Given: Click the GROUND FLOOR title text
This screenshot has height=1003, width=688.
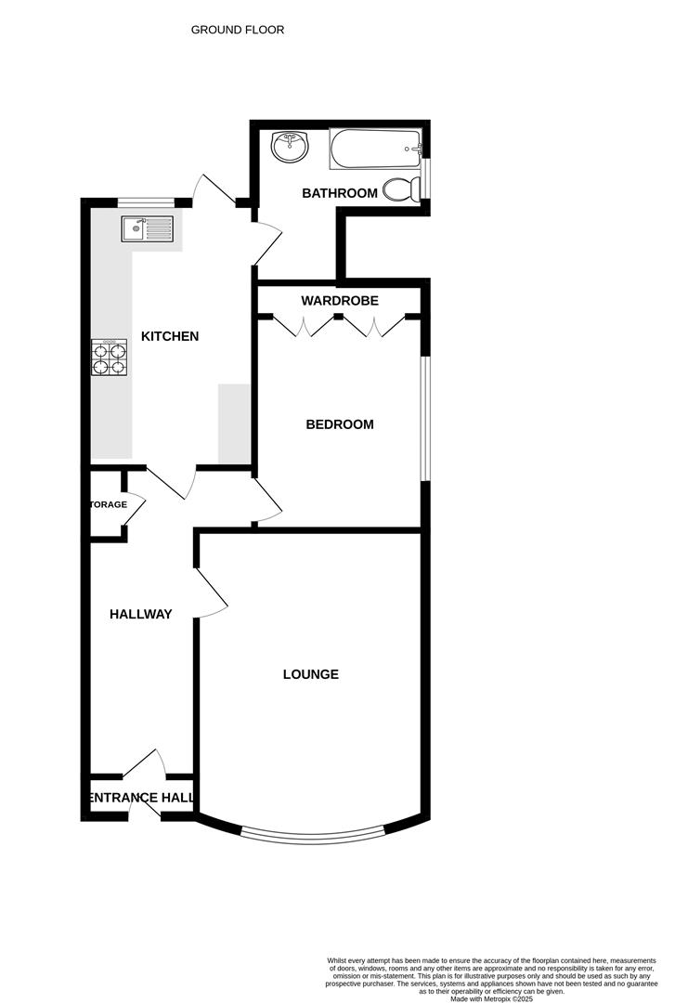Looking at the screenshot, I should coord(238,30).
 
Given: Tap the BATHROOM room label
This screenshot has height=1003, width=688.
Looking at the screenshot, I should coord(340,193).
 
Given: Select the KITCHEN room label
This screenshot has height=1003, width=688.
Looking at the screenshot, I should coord(169,336).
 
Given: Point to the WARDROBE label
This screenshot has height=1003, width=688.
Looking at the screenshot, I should coord(339,301).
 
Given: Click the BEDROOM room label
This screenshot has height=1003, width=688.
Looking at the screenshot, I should coord(340,424).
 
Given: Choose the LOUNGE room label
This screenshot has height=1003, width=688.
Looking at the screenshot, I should coord(310,674).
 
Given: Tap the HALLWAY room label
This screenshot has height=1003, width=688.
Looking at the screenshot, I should coord(140,614).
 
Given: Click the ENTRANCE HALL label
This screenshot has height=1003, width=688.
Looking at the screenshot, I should coord(141,797).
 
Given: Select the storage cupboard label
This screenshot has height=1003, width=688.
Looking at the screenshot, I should coord(108,504).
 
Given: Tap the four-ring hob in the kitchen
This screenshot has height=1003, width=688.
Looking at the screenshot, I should coord(109,358).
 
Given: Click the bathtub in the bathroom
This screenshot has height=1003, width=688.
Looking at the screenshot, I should coord(375,149).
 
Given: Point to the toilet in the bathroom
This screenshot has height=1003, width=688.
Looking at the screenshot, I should coord(400,189).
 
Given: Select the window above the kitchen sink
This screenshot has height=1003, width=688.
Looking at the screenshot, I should coord(146,202).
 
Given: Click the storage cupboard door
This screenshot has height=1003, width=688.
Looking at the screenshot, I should coord(134,510).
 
